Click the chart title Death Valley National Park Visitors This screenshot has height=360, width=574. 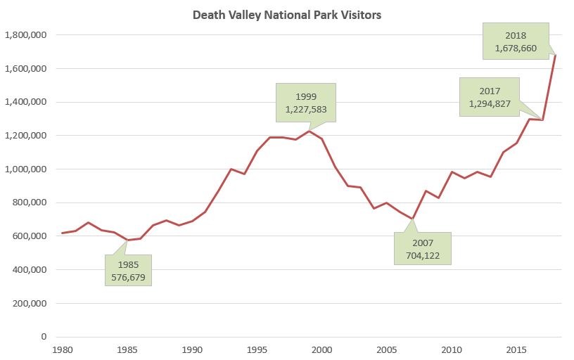pos(287,15)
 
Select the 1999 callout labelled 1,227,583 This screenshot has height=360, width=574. pos(306,103)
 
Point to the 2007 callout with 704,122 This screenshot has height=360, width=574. pos(423,248)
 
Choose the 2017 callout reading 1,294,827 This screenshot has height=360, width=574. pos(489,97)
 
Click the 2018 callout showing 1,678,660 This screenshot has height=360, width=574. pos(516,41)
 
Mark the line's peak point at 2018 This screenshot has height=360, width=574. pos(555,55)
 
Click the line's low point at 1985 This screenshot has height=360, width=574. pos(127,240)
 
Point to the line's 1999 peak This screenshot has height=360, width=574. pos(309,131)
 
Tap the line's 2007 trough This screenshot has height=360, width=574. pos(413,219)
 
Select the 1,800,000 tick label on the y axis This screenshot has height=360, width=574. pos(25,35)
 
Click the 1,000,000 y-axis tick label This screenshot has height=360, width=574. pos(25,169)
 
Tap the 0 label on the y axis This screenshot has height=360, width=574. pos(44,337)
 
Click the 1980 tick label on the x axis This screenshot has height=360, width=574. pos(63,349)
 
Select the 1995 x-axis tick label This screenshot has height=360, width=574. pos(257,349)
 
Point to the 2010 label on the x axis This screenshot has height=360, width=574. pos(452,349)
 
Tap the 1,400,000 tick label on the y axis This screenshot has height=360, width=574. pos(25,102)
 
